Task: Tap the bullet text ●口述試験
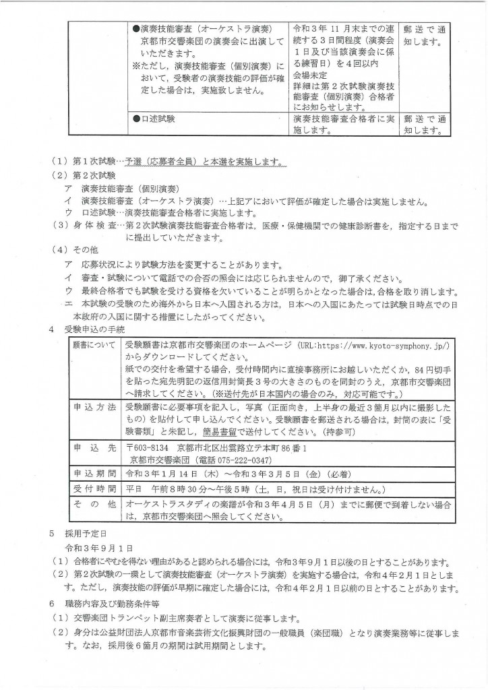154,119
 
